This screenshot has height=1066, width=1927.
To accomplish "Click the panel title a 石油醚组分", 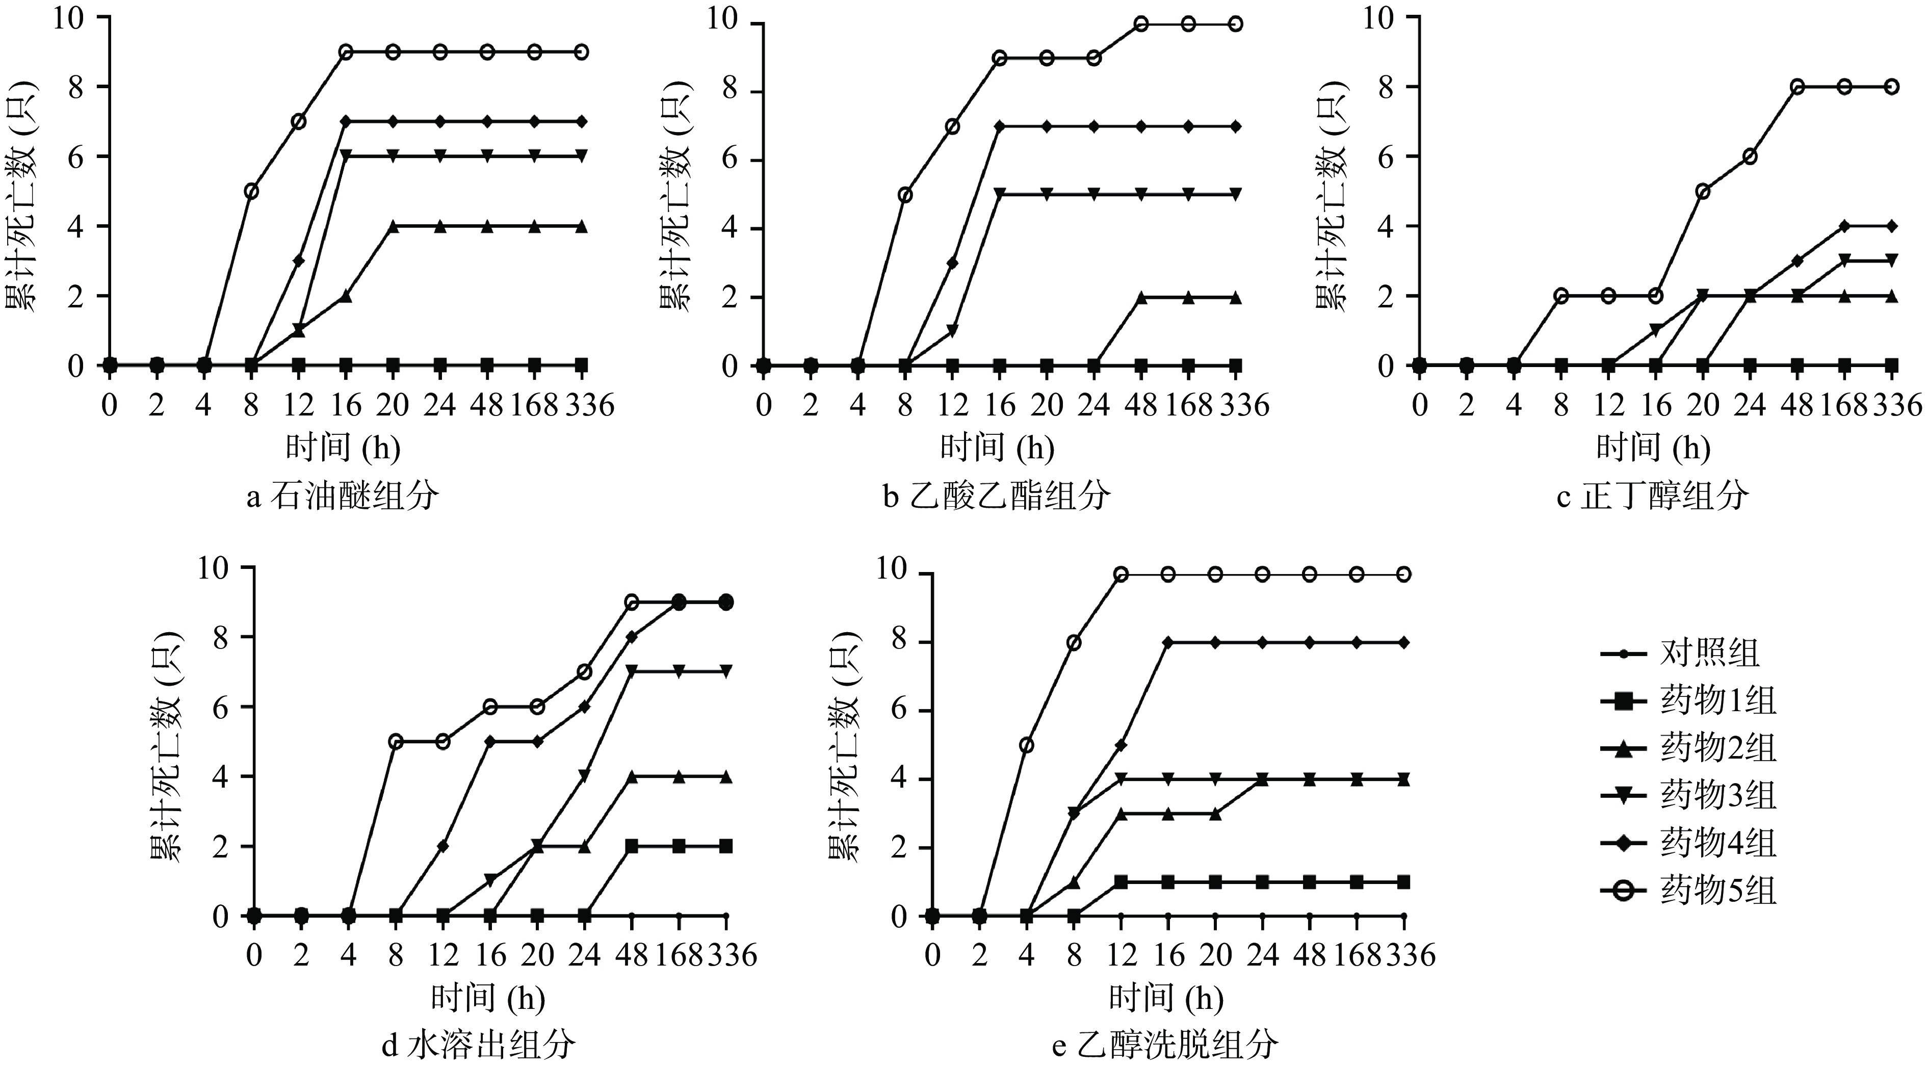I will point(343,497).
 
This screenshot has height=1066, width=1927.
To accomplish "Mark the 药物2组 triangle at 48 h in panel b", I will point(1141,297).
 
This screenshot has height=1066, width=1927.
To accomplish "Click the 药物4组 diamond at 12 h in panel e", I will point(1121,745).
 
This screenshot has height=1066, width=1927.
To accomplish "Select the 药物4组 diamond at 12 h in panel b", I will point(952,263).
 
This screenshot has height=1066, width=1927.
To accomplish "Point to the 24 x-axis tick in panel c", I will point(1750,405).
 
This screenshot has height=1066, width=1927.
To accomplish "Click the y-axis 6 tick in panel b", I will point(728,160).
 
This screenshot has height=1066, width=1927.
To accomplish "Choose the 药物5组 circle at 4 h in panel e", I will point(1026,745).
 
